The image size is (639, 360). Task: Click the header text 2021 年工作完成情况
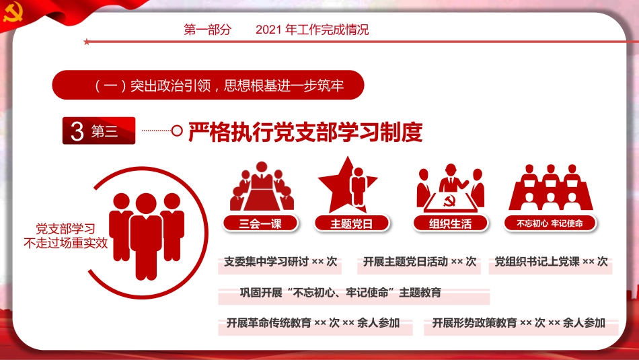point(313,30)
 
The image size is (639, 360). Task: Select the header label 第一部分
point(207,30)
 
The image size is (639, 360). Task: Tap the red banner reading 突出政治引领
point(209,86)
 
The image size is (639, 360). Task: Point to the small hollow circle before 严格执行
point(178,131)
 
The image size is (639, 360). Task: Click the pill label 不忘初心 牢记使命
point(550,223)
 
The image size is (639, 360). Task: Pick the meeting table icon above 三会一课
point(262,186)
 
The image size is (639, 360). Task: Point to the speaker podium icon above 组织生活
point(450,186)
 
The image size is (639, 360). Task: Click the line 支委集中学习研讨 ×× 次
point(280,262)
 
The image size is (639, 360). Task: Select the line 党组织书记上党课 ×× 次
point(551,262)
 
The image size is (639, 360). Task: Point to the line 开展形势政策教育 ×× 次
point(519,323)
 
